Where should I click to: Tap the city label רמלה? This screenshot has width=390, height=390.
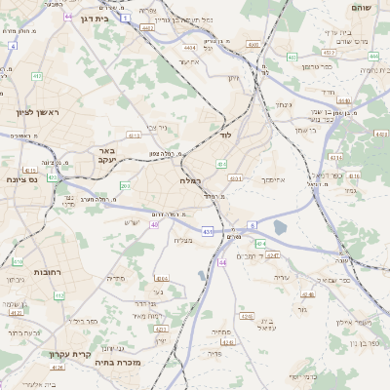click(x=191, y=180)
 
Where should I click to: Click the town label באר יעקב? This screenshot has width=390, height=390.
click(x=107, y=156)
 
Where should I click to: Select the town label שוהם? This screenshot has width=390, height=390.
click(x=366, y=7)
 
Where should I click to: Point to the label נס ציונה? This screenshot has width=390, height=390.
click(x=22, y=179)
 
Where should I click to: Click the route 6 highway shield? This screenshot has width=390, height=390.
click(x=252, y=225)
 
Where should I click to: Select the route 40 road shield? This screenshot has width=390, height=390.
click(x=154, y=225)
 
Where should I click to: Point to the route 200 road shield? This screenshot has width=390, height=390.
click(x=125, y=185)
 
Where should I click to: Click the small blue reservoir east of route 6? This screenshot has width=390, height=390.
click(x=280, y=228)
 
